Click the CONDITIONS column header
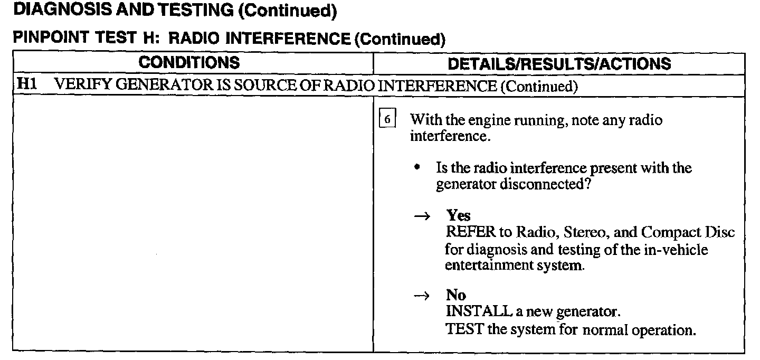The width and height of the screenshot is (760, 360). click(x=189, y=63)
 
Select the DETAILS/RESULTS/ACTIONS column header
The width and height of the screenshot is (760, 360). click(x=559, y=64)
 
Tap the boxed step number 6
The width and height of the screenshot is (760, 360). click(x=387, y=120)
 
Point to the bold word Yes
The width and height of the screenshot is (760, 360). click(x=458, y=215)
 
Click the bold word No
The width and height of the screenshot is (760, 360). click(x=456, y=296)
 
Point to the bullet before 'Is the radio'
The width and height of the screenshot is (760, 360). click(x=417, y=169)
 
